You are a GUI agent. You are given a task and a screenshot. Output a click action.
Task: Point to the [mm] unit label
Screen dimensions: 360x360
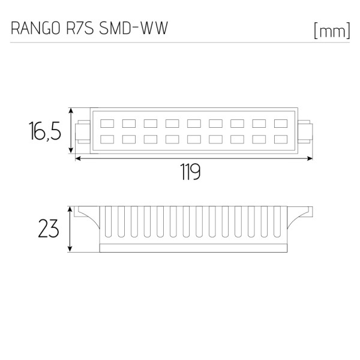331,31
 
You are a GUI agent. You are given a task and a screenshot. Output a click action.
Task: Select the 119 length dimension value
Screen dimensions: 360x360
190,173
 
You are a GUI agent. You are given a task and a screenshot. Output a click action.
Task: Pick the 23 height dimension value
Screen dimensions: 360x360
49,229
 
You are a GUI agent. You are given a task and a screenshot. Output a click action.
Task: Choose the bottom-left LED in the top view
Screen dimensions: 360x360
107,139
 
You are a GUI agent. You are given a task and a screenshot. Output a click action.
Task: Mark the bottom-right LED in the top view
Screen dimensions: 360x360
281,139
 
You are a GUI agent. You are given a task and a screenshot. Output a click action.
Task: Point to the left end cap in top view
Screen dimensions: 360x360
83,131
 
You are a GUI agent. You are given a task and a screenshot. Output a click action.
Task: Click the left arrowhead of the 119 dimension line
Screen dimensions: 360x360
77,159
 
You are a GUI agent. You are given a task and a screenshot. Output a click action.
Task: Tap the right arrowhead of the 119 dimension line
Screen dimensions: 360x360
311,159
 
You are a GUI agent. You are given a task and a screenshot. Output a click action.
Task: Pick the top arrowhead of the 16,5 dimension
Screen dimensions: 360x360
71,111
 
